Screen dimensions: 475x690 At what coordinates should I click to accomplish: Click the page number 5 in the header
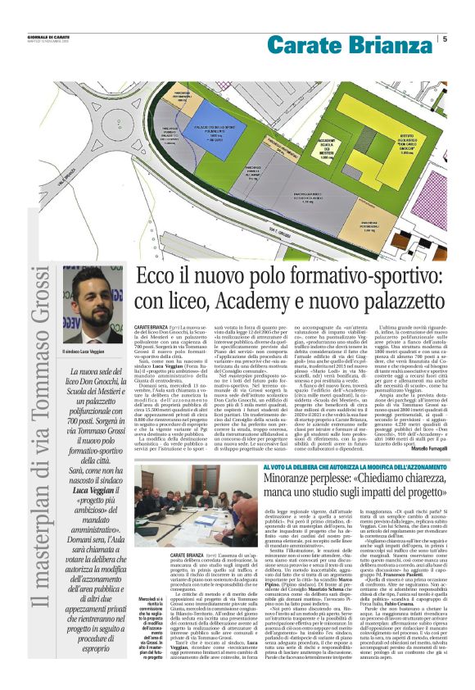click(445, 39)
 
